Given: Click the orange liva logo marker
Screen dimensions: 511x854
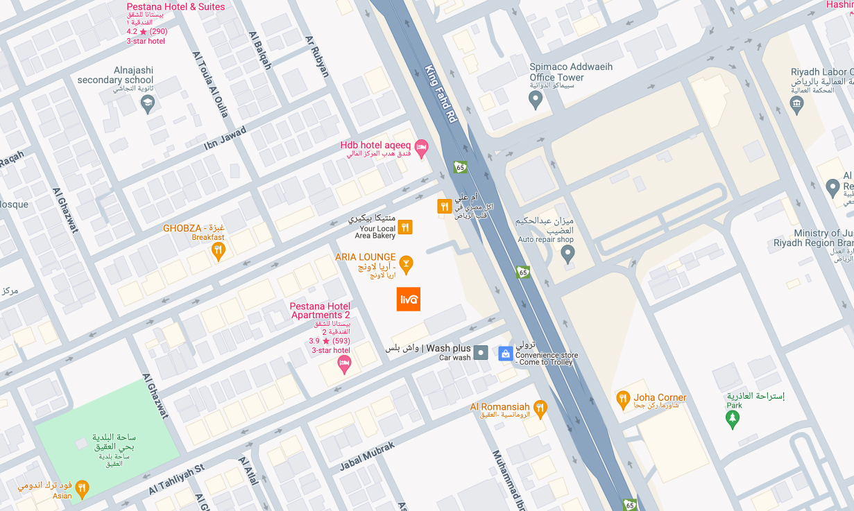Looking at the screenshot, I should pyautogui.click(x=409, y=299).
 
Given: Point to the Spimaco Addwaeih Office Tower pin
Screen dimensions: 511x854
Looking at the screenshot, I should pyautogui.click(x=535, y=100).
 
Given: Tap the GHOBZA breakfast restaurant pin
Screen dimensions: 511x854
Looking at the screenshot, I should pyautogui.click(x=219, y=250).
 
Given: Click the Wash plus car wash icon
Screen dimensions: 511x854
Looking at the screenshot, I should pyautogui.click(x=481, y=353).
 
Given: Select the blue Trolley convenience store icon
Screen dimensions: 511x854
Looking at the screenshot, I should pyautogui.click(x=506, y=354).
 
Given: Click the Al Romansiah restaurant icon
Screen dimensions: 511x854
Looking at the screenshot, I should pyautogui.click(x=540, y=407).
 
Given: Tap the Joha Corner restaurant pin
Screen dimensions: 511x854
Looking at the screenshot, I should pyautogui.click(x=623, y=399).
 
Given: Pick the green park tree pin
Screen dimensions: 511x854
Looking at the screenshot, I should pyautogui.click(x=731, y=418).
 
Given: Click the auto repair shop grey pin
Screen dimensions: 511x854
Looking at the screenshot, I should pyautogui.click(x=567, y=254).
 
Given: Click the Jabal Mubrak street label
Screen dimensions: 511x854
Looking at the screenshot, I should pyautogui.click(x=367, y=456).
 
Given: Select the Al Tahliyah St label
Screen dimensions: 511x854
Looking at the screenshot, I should pyautogui.click(x=176, y=480).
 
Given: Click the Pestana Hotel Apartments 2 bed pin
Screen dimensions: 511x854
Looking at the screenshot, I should pyautogui.click(x=343, y=365).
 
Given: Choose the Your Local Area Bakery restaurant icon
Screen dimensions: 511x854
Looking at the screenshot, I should pyautogui.click(x=405, y=227).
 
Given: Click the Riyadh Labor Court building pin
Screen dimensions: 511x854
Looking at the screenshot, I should pyautogui.click(x=796, y=103).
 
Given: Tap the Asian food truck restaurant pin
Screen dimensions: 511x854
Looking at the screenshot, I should pyautogui.click(x=82, y=490).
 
